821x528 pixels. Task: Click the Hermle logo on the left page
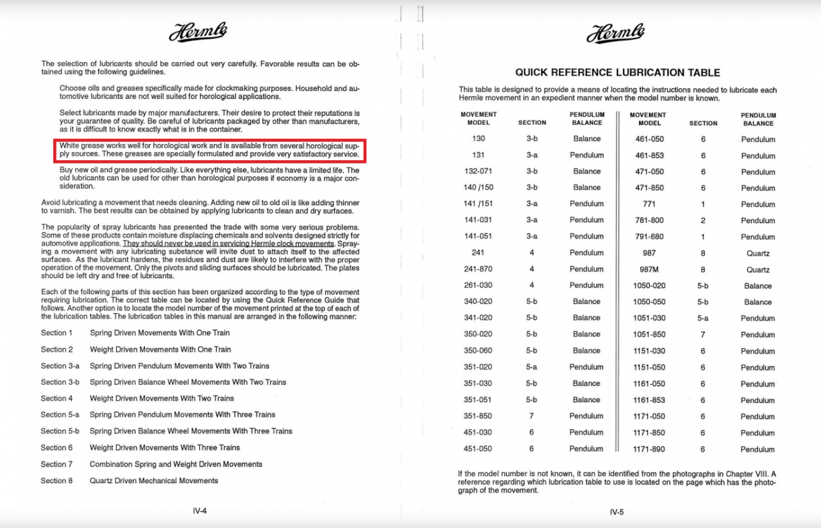198,32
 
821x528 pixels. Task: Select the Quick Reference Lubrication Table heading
617,72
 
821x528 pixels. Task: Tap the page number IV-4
199,511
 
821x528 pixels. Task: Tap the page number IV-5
616,511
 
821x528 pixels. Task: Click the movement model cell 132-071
478,171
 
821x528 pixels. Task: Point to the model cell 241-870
478,269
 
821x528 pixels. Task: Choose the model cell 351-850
478,416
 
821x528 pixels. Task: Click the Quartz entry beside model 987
758,253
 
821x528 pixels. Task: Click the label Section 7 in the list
57,464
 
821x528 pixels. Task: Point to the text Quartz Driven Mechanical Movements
154,481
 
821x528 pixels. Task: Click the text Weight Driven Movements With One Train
160,349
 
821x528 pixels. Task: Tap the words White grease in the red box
80,146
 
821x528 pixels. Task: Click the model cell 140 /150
478,187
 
